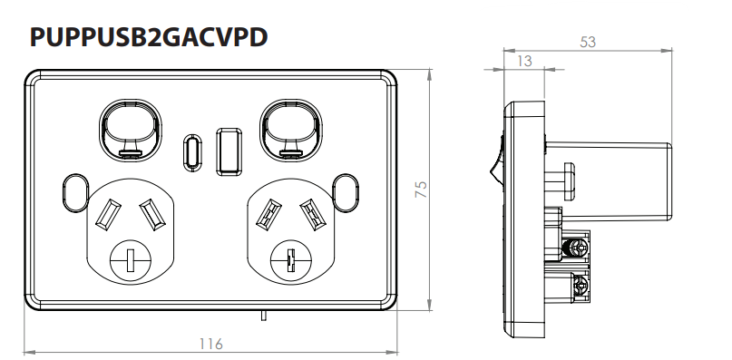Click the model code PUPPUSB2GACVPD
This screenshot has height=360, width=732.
point(149,38)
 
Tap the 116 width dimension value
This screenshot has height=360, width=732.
point(210,344)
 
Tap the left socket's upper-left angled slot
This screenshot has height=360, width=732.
point(105,213)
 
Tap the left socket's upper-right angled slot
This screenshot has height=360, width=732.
point(149,213)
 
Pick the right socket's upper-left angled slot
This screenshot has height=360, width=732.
point(268,214)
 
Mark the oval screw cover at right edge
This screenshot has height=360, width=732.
point(346,190)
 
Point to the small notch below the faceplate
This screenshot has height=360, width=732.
point(261,316)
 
